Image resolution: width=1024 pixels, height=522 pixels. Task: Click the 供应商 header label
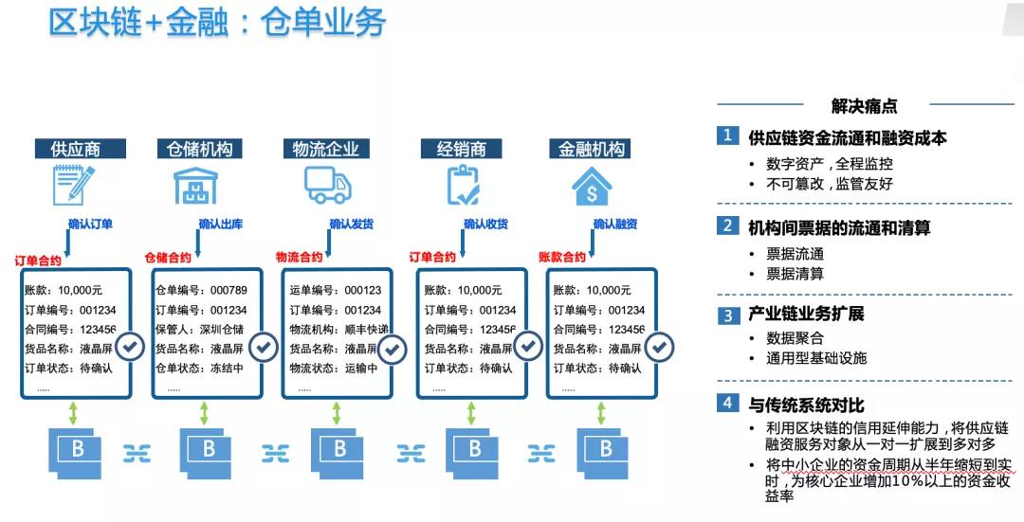(76, 149)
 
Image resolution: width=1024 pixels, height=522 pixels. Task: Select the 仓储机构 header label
(199, 149)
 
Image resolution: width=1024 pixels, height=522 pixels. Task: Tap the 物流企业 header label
(325, 149)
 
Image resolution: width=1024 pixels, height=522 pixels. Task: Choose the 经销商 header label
(462, 149)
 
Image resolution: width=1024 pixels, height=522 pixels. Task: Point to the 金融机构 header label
(592, 149)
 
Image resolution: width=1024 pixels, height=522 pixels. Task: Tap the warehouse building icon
(197, 185)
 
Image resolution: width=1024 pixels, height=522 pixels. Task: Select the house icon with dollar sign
(592, 185)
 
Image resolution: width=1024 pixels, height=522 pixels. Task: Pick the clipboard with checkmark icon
(463, 185)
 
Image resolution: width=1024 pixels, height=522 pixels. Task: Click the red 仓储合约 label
(168, 257)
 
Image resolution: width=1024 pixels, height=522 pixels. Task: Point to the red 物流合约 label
(299, 257)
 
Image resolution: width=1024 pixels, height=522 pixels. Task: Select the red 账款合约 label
(562, 257)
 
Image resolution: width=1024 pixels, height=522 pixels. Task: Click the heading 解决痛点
(865, 106)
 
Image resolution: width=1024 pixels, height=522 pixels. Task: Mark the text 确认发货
(352, 225)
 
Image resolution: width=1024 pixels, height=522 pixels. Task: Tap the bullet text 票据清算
(795, 274)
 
